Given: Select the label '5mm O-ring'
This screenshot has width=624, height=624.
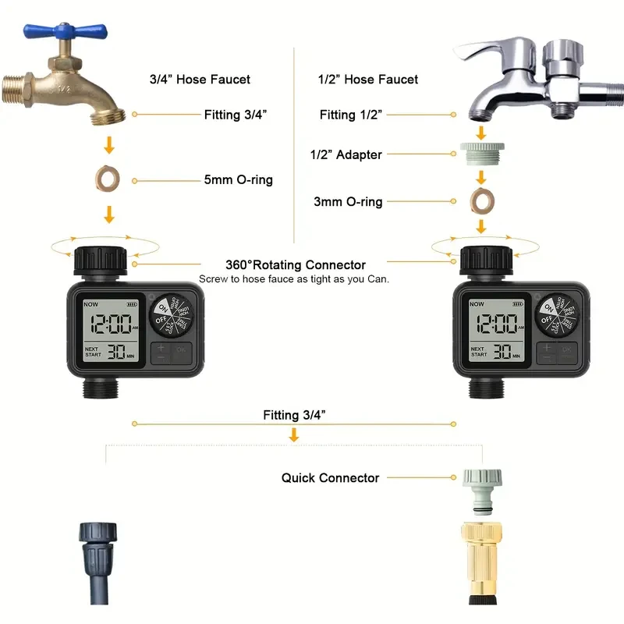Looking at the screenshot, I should (238, 180).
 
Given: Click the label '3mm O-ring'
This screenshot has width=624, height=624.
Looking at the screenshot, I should (348, 202).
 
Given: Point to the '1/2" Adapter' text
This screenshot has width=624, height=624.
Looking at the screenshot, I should (346, 154).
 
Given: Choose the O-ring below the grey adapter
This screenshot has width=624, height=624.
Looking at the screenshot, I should (481, 202).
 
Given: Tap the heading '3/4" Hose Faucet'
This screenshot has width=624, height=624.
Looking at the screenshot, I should (200, 79).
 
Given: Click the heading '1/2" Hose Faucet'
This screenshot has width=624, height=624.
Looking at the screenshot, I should (368, 79).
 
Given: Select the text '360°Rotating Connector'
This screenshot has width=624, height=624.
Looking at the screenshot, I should (295, 265).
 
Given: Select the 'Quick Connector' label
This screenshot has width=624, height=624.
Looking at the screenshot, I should (330, 477).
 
